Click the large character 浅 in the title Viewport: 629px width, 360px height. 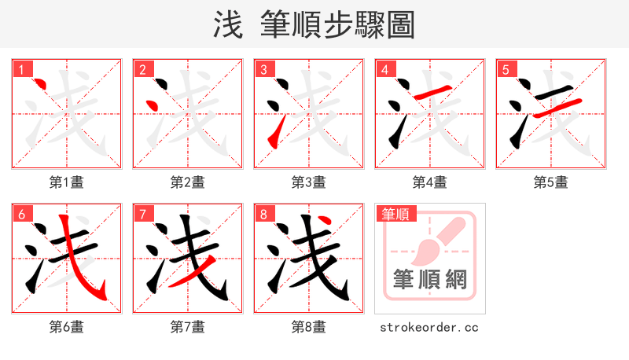tap(228, 25)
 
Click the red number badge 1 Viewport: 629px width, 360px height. tap(21, 69)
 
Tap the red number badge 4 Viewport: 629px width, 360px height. tap(384, 69)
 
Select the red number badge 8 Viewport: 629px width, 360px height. tap(263, 214)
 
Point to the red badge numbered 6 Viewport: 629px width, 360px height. tap(21, 214)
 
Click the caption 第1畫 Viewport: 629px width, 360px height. tap(67, 182)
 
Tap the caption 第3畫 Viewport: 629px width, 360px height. tap(309, 182)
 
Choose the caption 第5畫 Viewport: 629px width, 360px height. tap(551, 182)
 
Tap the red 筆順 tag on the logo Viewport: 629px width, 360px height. tap(396, 213)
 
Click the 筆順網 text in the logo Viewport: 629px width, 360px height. tap(430, 278)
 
